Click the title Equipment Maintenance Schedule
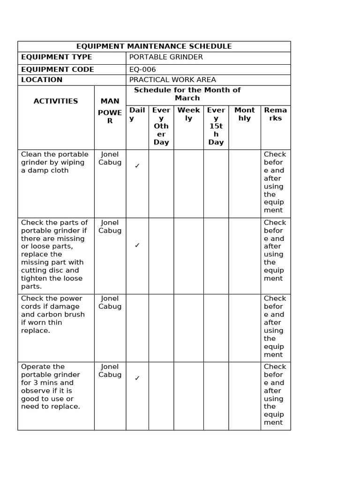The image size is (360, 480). (x=154, y=46)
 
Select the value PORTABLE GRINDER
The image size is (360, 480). (x=166, y=57)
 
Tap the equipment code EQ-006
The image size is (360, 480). (x=142, y=69)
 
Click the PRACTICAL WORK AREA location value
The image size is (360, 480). (x=172, y=80)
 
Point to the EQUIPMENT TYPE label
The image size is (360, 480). (x=56, y=57)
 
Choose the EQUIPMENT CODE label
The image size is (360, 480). (x=57, y=69)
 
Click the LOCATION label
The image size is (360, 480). (x=42, y=80)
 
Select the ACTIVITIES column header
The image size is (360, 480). (x=56, y=101)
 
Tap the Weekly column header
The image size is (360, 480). (x=188, y=114)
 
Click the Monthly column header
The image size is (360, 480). (x=245, y=114)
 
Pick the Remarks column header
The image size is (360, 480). (x=276, y=114)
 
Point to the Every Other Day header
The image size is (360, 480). (x=161, y=126)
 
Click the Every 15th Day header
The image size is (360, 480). (x=216, y=126)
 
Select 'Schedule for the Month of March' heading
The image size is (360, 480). (x=187, y=94)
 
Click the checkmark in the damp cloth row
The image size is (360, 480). (x=137, y=166)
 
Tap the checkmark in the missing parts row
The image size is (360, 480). (x=137, y=245)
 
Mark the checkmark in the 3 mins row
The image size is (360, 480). (x=137, y=378)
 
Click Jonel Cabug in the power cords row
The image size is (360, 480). (x=110, y=302)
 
